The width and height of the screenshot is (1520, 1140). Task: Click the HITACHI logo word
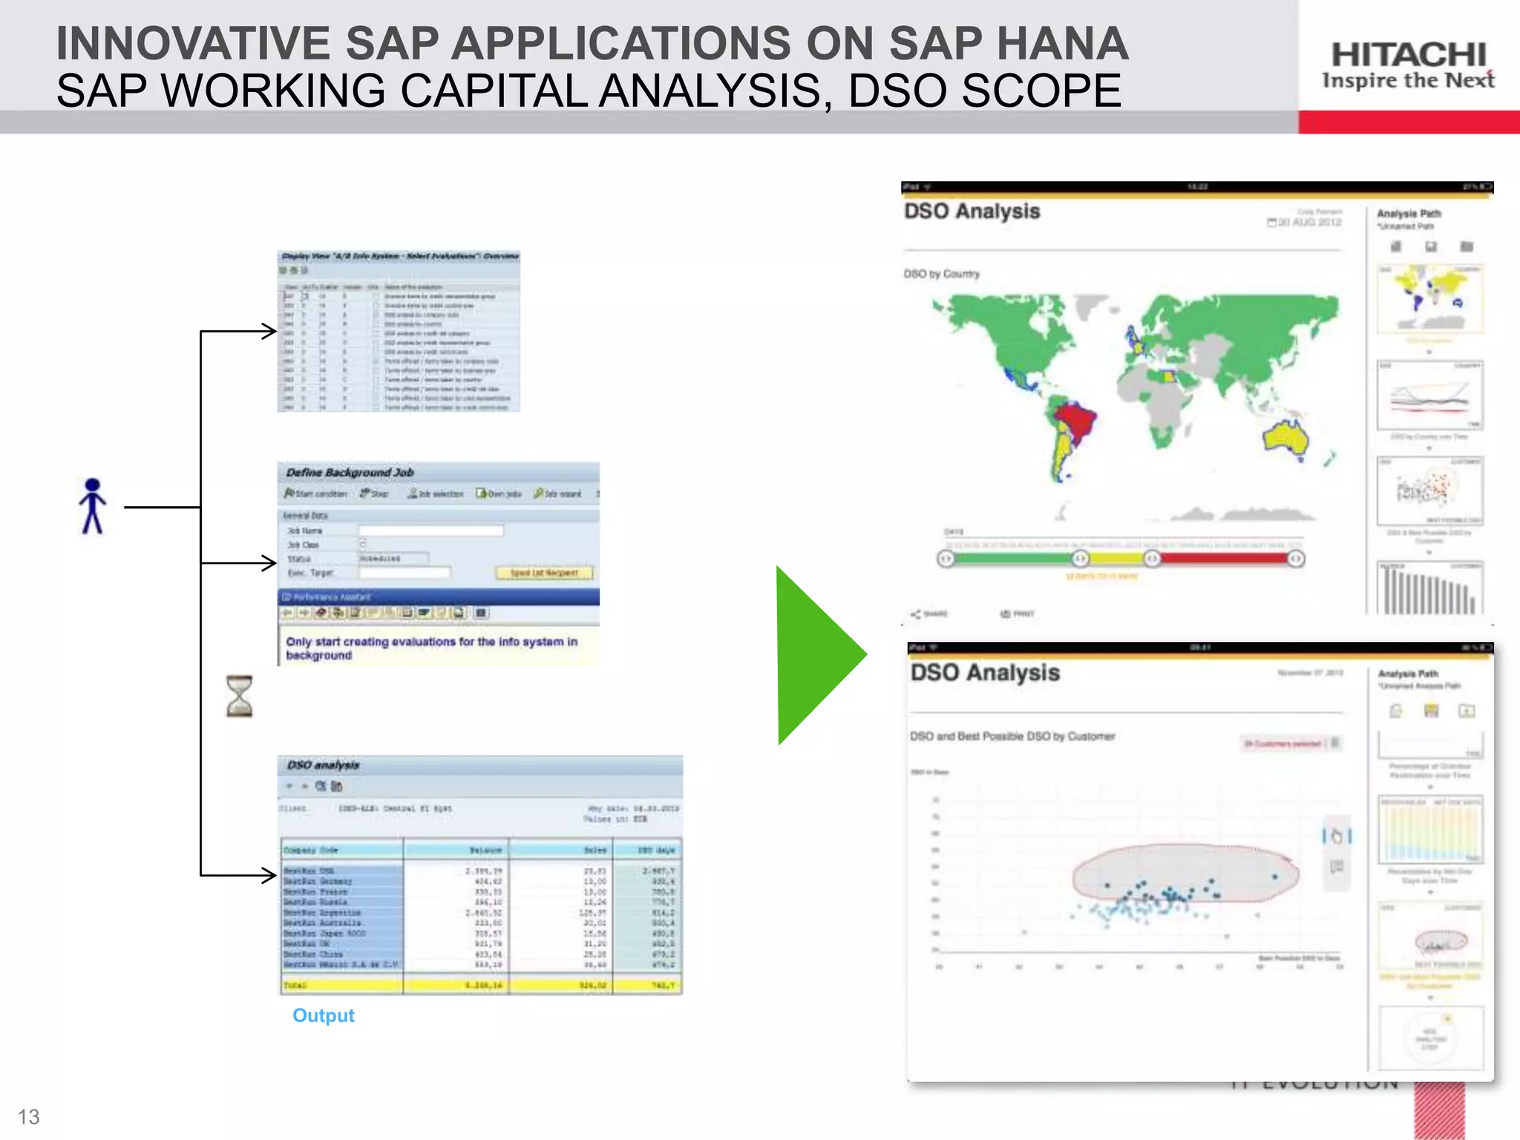pos(1408,54)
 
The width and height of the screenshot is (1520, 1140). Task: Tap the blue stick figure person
pos(93,506)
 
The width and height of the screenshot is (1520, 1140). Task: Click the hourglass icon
pos(239,696)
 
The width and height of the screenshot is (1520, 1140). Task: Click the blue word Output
pos(323,1015)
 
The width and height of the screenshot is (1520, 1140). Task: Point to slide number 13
pos(28,1116)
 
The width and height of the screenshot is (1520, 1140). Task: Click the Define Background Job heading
pos(350,473)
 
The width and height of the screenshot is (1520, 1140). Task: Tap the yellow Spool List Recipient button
pos(544,573)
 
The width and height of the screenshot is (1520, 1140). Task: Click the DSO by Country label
pos(941,274)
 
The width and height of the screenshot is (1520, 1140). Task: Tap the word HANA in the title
pos(1062,43)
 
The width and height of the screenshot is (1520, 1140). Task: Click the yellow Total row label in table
pos(295,986)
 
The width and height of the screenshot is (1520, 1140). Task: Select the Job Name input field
pos(430,531)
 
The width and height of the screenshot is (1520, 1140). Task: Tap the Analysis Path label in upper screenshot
pos(1409,214)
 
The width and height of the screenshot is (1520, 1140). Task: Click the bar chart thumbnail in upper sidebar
pos(1429,588)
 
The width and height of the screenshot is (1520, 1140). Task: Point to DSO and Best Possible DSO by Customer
pos(1012,736)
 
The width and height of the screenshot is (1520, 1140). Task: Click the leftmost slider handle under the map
pos(946,559)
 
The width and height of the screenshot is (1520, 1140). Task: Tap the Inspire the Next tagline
pos(1408,80)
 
